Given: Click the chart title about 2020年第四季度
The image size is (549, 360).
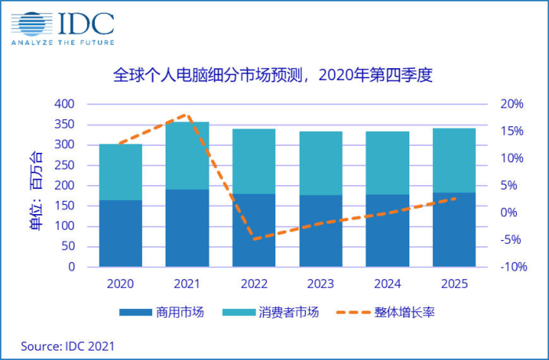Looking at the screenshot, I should pyautogui.click(x=274, y=77).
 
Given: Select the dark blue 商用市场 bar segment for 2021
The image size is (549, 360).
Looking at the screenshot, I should pyautogui.click(x=187, y=227).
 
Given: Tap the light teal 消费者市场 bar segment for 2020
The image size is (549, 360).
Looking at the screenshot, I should pyautogui.click(x=120, y=172).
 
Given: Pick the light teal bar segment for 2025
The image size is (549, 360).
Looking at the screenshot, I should pyautogui.click(x=454, y=160).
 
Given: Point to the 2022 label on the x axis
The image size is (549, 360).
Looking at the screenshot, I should pyautogui.click(x=254, y=283).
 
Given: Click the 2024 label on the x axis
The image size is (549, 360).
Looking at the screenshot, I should pyautogui.click(x=387, y=283).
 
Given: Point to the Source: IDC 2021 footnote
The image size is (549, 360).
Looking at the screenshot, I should pyautogui.click(x=68, y=345).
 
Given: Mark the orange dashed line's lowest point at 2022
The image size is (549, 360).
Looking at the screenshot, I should pyautogui.click(x=254, y=238).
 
